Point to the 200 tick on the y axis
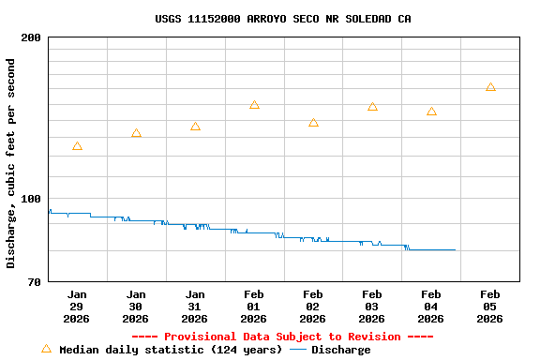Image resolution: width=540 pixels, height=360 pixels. (x=31, y=37)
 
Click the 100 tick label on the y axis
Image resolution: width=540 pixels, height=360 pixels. (x=31, y=199)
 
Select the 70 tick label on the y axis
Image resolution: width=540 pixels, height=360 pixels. (x=35, y=282)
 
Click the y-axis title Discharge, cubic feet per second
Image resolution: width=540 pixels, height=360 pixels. (x=11, y=163)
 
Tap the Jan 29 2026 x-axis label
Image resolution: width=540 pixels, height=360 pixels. (x=77, y=306)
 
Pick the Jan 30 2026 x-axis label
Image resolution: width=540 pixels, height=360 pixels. (x=136, y=306)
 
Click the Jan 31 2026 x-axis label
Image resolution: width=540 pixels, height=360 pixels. (x=195, y=306)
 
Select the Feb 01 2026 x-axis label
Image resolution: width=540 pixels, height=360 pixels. (x=254, y=306)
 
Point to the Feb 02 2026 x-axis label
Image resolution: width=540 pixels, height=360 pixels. (x=313, y=306)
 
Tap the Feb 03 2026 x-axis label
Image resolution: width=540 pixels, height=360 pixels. (x=372, y=306)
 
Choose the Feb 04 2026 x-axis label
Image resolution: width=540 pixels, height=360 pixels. (x=431, y=306)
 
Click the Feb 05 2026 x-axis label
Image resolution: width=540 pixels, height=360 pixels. (x=490, y=306)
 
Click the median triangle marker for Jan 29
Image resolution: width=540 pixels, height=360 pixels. (x=77, y=146)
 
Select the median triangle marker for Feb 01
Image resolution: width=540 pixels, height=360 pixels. (x=254, y=105)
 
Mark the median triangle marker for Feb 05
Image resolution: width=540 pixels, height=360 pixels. (x=490, y=87)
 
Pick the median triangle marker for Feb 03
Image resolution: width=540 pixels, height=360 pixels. (x=372, y=107)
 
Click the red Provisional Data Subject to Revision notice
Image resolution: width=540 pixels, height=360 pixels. (x=282, y=337)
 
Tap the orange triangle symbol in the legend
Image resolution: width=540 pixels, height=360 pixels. (x=46, y=349)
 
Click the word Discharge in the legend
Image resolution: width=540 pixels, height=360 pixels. (x=340, y=350)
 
